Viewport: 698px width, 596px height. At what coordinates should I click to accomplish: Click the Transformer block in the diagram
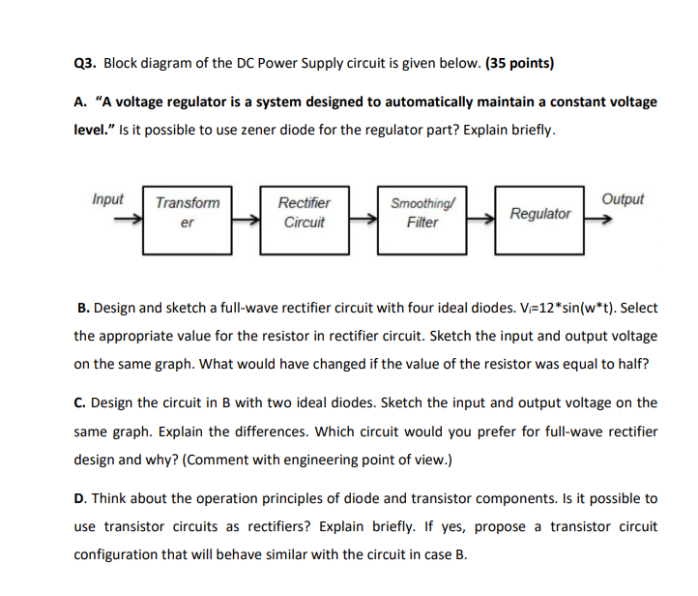(188, 221)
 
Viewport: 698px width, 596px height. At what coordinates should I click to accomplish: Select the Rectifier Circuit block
(305, 221)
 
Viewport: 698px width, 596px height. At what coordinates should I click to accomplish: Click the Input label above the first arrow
(107, 199)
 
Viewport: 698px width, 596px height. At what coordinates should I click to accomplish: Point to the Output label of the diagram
(622, 199)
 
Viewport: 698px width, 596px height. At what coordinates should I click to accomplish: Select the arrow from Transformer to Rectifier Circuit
(247, 221)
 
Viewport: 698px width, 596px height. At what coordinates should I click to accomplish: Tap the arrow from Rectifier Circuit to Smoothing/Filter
(364, 221)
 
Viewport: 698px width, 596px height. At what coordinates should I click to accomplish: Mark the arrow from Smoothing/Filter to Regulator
(480, 221)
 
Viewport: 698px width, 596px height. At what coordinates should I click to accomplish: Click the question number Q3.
(85, 65)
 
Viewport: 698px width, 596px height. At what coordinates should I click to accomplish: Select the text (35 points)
(519, 65)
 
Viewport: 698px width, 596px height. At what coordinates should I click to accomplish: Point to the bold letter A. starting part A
(81, 102)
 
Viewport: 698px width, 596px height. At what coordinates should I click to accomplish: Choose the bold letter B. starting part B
(83, 308)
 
